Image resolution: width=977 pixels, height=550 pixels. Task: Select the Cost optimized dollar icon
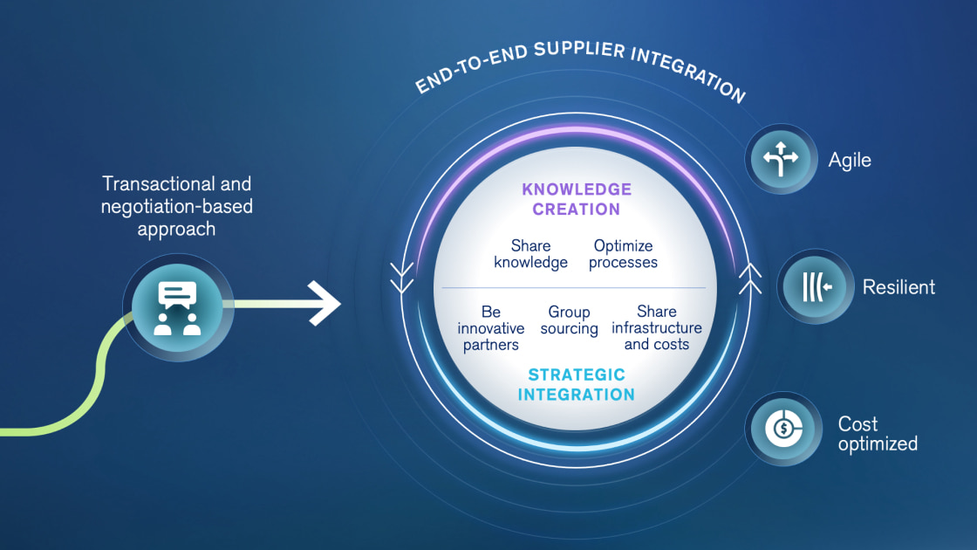(x=782, y=429)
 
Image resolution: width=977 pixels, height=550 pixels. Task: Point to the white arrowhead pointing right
(x=326, y=305)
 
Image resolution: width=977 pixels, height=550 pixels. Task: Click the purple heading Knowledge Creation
(x=577, y=199)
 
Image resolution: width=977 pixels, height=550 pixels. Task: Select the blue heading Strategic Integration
(x=577, y=384)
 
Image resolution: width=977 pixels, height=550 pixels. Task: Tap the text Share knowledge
(x=530, y=254)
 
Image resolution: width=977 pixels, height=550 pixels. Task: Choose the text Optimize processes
(x=623, y=254)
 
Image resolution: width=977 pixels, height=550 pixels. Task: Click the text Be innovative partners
(x=490, y=328)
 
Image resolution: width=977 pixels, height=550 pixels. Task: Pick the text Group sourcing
(x=570, y=320)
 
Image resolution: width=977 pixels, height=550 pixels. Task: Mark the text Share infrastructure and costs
(x=657, y=328)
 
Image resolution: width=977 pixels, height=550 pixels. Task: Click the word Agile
(x=850, y=161)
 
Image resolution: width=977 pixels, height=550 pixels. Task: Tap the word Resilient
(x=898, y=287)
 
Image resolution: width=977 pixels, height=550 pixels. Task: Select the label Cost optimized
(x=878, y=434)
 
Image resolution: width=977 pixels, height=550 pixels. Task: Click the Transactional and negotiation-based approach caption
(x=177, y=206)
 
